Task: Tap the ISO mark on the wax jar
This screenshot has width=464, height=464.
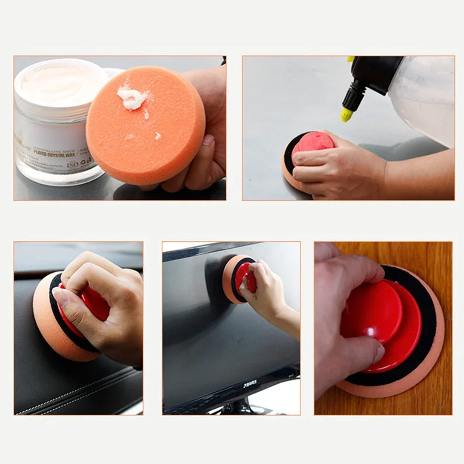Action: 73,164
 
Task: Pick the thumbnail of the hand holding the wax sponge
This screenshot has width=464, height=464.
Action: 208,140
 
